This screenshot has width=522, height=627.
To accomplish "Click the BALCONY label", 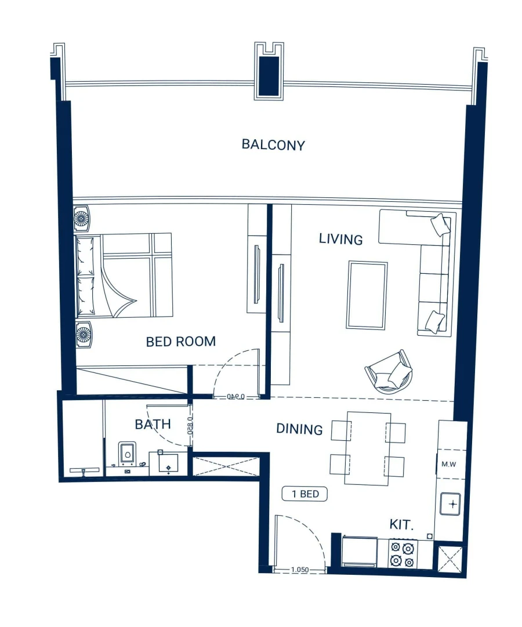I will click(x=273, y=144).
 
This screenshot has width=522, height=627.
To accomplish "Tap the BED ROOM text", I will click(x=180, y=342).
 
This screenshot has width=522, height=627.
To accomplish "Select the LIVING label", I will click(x=340, y=239).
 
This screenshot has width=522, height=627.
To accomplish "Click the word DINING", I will click(x=299, y=429).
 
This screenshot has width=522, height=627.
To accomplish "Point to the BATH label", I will click(x=153, y=424).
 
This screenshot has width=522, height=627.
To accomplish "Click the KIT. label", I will click(x=401, y=525).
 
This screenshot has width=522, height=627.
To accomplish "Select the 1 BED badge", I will click(x=304, y=494).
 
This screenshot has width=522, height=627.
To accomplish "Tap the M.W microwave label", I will click(x=448, y=464).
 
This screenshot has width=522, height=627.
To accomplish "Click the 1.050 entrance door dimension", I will click(x=299, y=570).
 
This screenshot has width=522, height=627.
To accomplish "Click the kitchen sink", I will click(x=450, y=503).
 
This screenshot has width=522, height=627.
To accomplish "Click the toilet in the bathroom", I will click(x=127, y=454).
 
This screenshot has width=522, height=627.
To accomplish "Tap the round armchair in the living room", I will click(x=389, y=372).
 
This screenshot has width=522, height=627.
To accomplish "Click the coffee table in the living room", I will click(x=367, y=295).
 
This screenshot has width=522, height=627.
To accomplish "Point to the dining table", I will click(x=368, y=448).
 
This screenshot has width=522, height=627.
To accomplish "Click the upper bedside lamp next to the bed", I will click(x=82, y=218).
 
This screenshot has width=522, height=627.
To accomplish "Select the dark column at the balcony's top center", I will click(x=269, y=75).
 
